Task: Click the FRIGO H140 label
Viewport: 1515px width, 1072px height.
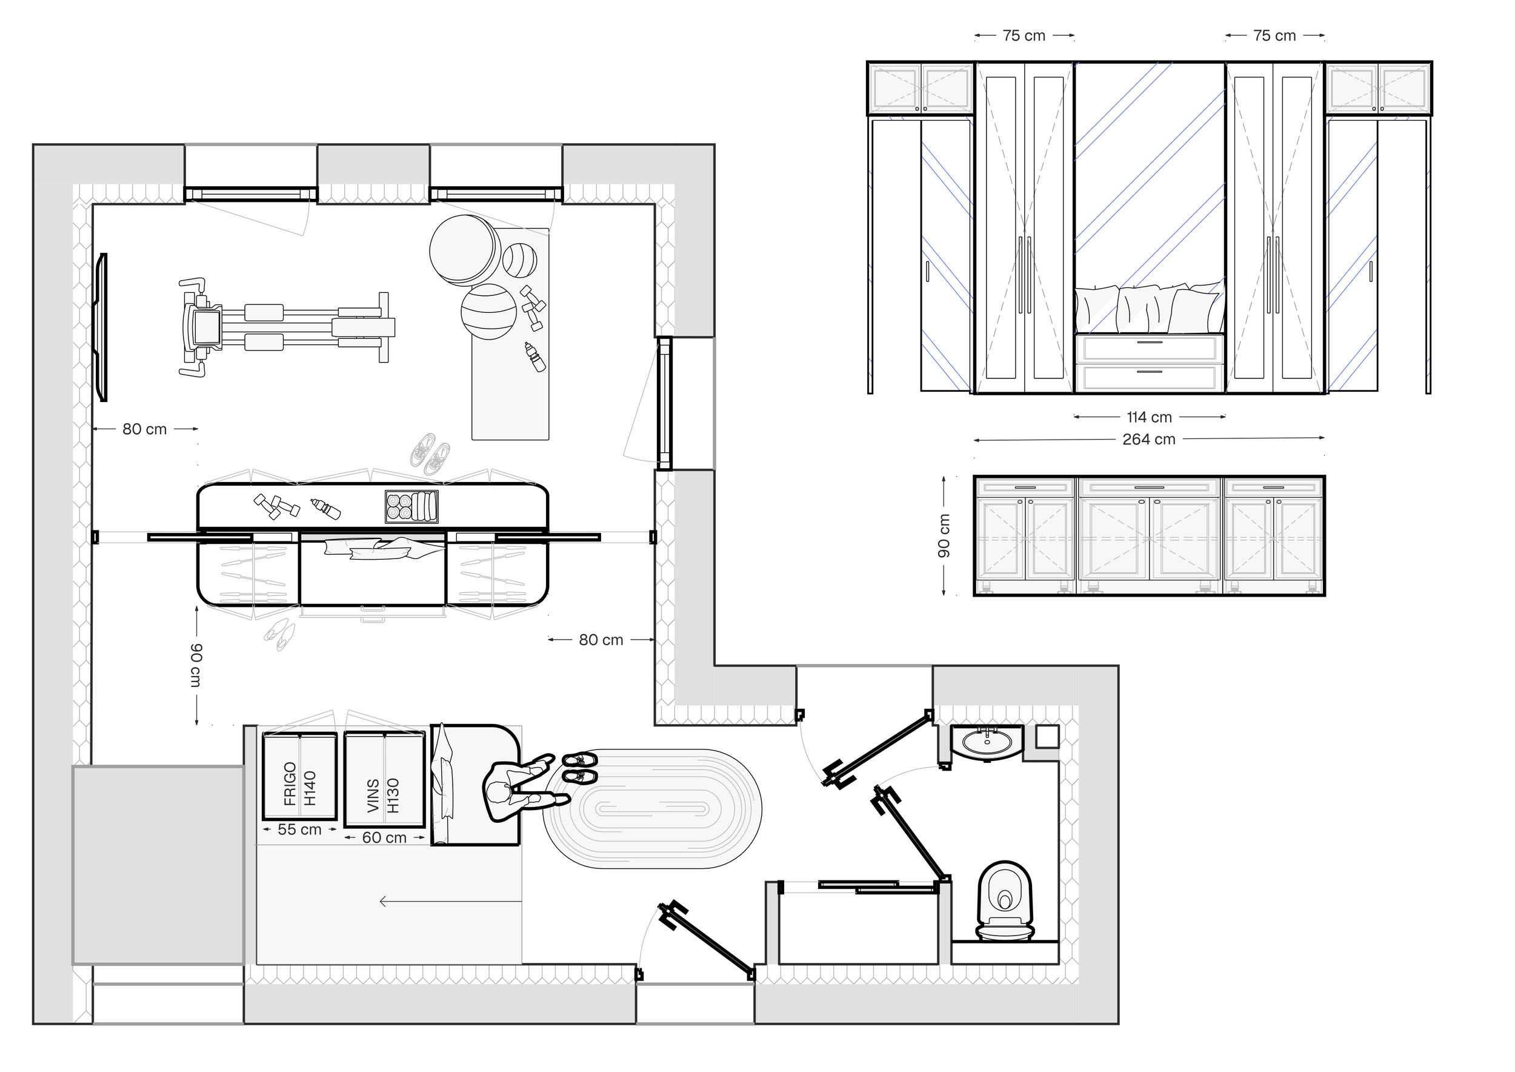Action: point(300,783)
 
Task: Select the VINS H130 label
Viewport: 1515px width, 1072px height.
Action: point(384,796)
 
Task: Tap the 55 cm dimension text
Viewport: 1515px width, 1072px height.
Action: point(299,829)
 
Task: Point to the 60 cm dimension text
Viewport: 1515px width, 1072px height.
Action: point(384,838)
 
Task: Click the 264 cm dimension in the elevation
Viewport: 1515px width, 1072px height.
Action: point(1149,439)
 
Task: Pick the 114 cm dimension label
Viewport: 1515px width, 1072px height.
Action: point(1149,417)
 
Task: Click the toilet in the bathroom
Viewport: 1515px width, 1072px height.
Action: point(1004,900)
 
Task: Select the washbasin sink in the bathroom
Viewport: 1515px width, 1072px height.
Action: point(987,743)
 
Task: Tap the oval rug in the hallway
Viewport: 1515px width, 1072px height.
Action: point(652,809)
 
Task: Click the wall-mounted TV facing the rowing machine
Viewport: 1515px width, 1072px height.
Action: point(101,327)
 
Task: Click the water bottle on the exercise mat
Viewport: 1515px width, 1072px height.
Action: point(534,357)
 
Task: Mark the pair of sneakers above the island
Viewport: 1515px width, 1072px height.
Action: point(430,454)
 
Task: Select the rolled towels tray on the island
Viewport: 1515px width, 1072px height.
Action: point(411,507)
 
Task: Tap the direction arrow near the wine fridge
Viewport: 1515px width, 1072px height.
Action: point(451,901)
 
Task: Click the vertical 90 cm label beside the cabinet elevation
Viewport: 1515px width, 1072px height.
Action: point(944,535)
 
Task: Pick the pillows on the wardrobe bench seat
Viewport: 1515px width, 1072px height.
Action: point(1149,308)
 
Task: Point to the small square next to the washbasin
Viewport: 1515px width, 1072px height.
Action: point(1047,737)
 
